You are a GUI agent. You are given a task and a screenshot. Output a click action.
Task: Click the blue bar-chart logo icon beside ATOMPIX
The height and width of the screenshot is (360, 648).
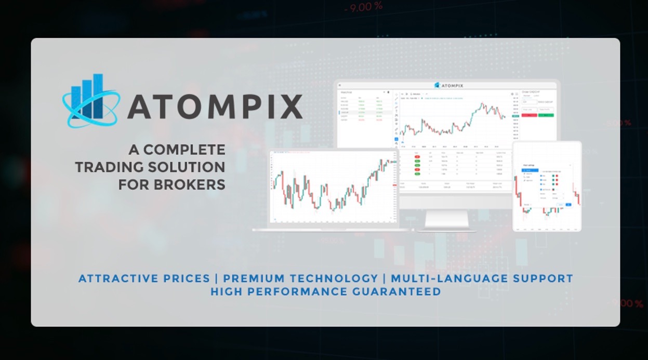[91, 100]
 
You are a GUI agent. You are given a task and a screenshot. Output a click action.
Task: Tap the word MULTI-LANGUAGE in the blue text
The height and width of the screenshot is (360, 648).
[449, 278]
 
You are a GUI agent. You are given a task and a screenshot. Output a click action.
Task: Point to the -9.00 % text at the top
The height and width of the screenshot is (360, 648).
[363, 7]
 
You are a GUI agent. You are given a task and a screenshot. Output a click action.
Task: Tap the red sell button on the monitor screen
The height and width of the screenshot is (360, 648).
[529, 115]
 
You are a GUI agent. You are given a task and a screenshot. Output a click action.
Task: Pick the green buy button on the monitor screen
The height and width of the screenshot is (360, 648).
[546, 115]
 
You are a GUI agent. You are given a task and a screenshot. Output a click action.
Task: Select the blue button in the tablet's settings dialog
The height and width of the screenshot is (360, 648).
[568, 205]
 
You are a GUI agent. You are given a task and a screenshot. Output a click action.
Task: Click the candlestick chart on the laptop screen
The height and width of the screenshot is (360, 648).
[333, 187]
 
